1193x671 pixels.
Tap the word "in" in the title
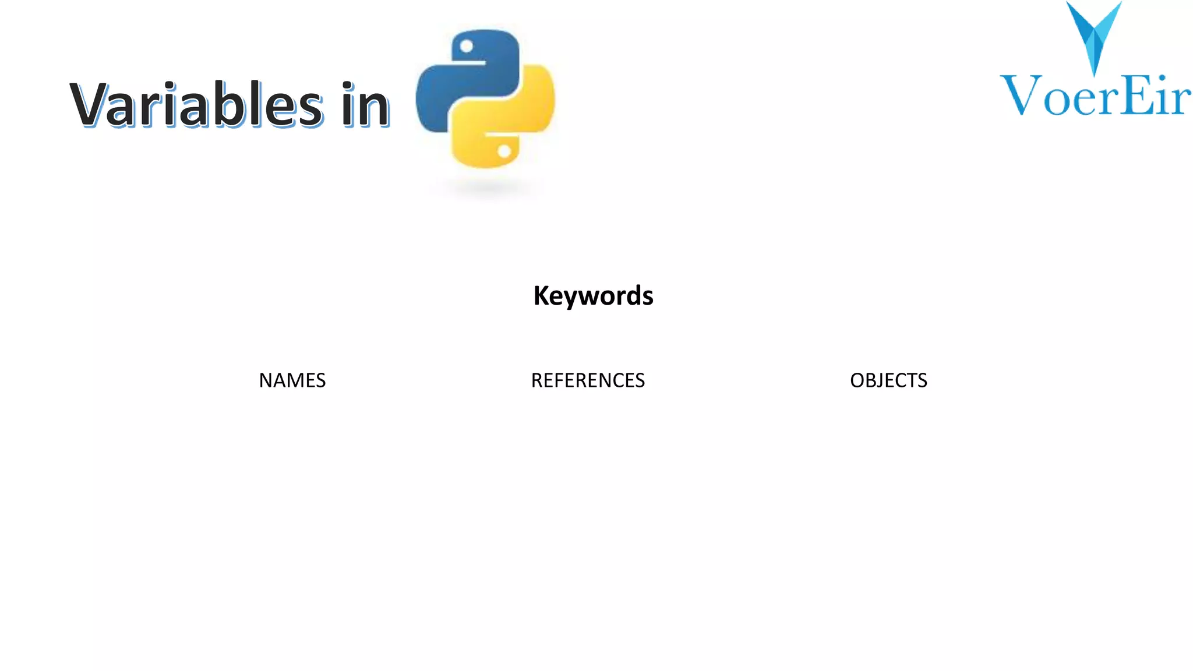point(365,105)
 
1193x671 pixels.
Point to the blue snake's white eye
point(467,47)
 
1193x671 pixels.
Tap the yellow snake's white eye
point(504,151)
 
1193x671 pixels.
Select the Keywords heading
point(593,296)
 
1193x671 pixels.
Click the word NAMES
point(292,380)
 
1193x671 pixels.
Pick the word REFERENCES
point(588,380)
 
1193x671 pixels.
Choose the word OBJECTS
point(888,380)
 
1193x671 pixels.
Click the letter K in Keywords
point(542,295)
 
